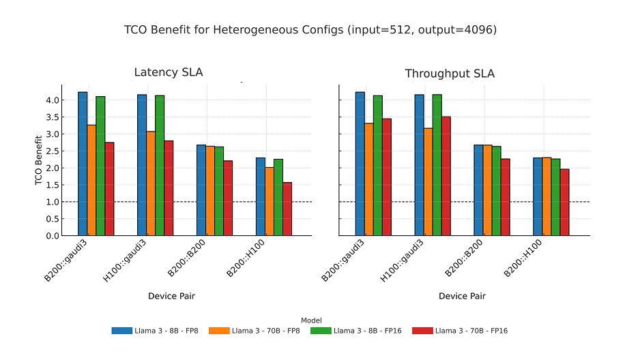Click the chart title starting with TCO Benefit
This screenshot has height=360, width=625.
[x=310, y=30]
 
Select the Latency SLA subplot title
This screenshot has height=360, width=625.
[x=168, y=72]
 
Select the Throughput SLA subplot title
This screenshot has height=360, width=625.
[x=450, y=74]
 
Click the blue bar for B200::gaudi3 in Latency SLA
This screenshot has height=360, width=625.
[x=83, y=164]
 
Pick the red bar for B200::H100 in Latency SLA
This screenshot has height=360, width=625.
[x=287, y=209]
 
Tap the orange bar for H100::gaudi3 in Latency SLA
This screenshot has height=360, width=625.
[x=151, y=183]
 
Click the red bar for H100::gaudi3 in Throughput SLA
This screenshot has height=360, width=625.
[x=446, y=176]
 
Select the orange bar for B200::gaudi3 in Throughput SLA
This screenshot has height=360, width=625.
[x=369, y=179]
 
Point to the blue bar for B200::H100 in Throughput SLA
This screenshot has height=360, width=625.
[x=538, y=196]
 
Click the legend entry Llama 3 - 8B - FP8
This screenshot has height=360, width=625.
[x=156, y=331]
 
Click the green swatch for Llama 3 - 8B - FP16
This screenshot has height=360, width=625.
[x=321, y=331]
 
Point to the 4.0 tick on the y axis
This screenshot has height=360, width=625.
[x=52, y=100]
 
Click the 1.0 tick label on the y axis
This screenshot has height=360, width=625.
[x=52, y=202]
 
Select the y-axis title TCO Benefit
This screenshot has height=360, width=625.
[x=39, y=160]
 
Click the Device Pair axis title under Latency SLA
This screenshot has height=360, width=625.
[x=171, y=296]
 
